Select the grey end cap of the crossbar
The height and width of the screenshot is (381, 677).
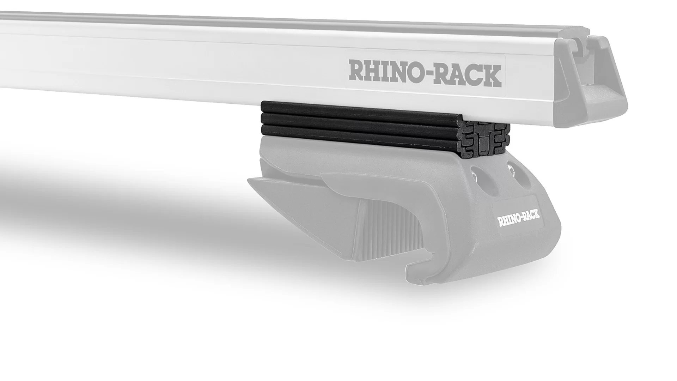point(589,81)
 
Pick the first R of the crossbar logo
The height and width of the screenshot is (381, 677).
point(356,72)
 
